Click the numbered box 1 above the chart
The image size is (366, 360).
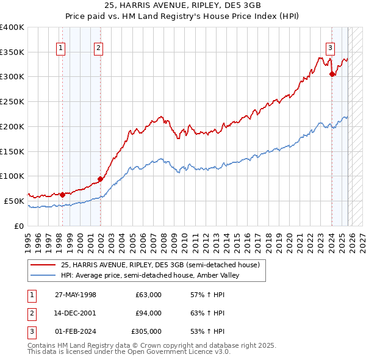click(62, 50)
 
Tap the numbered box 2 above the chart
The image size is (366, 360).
click(99, 50)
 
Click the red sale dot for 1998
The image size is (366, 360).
click(62, 195)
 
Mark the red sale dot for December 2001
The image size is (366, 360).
click(100, 179)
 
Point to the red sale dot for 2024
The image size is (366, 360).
click(332, 74)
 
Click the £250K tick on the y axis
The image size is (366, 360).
click(12, 101)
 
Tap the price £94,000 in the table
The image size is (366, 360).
click(148, 313)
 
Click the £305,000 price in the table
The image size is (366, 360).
click(146, 331)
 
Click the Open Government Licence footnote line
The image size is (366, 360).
click(129, 352)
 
